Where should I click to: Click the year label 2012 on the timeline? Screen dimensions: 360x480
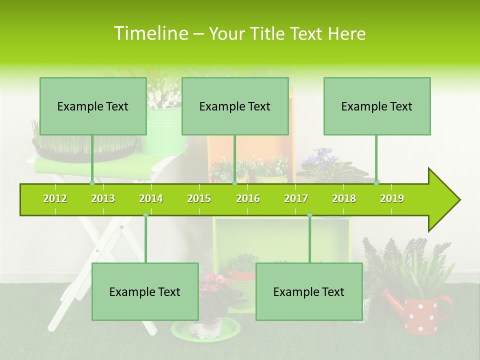55,198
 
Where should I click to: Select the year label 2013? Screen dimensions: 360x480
103,198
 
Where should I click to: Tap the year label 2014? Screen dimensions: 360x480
151,198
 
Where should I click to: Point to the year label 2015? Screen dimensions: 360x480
199,198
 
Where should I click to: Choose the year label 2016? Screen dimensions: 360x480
248,198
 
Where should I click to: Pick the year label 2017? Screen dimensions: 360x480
296,198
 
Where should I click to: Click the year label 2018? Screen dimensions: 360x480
344,198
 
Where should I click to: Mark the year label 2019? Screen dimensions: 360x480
392,198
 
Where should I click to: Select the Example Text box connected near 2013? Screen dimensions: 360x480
93,106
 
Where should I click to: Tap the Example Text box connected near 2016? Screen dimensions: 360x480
235,106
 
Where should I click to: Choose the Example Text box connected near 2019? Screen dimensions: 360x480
377,106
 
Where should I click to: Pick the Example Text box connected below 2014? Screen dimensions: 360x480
145,291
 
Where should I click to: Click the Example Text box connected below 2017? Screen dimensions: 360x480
309,291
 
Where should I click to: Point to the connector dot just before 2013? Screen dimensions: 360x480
92,183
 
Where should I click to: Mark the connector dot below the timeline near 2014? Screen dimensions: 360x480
145,214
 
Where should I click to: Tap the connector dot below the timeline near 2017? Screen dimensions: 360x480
309,214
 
